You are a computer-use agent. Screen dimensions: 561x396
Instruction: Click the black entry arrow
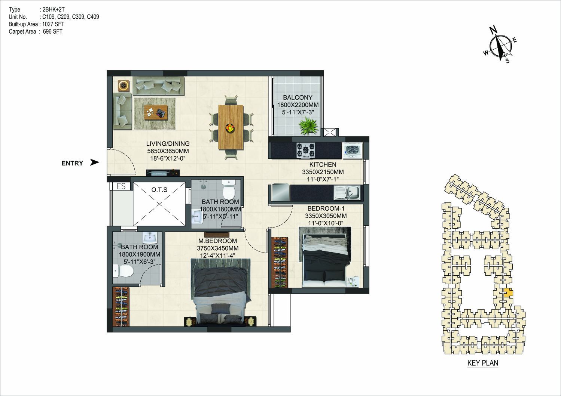(x=94, y=162)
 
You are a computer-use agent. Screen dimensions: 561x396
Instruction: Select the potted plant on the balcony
(x=308, y=126)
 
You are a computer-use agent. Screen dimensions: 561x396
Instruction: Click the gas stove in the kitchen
(x=305, y=151)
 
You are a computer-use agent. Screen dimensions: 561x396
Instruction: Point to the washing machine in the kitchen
(x=353, y=151)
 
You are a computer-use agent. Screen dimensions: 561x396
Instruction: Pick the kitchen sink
(x=347, y=193)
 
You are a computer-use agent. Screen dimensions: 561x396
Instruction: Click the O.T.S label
(x=159, y=190)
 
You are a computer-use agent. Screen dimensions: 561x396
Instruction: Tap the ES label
(x=121, y=186)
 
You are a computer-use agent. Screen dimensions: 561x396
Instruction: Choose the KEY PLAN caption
(x=483, y=363)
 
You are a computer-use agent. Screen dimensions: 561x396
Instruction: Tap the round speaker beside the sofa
(x=124, y=86)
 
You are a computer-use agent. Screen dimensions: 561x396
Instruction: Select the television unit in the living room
(x=163, y=173)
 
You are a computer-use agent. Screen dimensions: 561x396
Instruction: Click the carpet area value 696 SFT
(x=53, y=31)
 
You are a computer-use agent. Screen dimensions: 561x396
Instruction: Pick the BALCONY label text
(x=298, y=97)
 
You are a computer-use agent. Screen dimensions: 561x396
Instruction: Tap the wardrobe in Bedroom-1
(x=280, y=262)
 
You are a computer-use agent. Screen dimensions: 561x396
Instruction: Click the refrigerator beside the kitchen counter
(x=281, y=192)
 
